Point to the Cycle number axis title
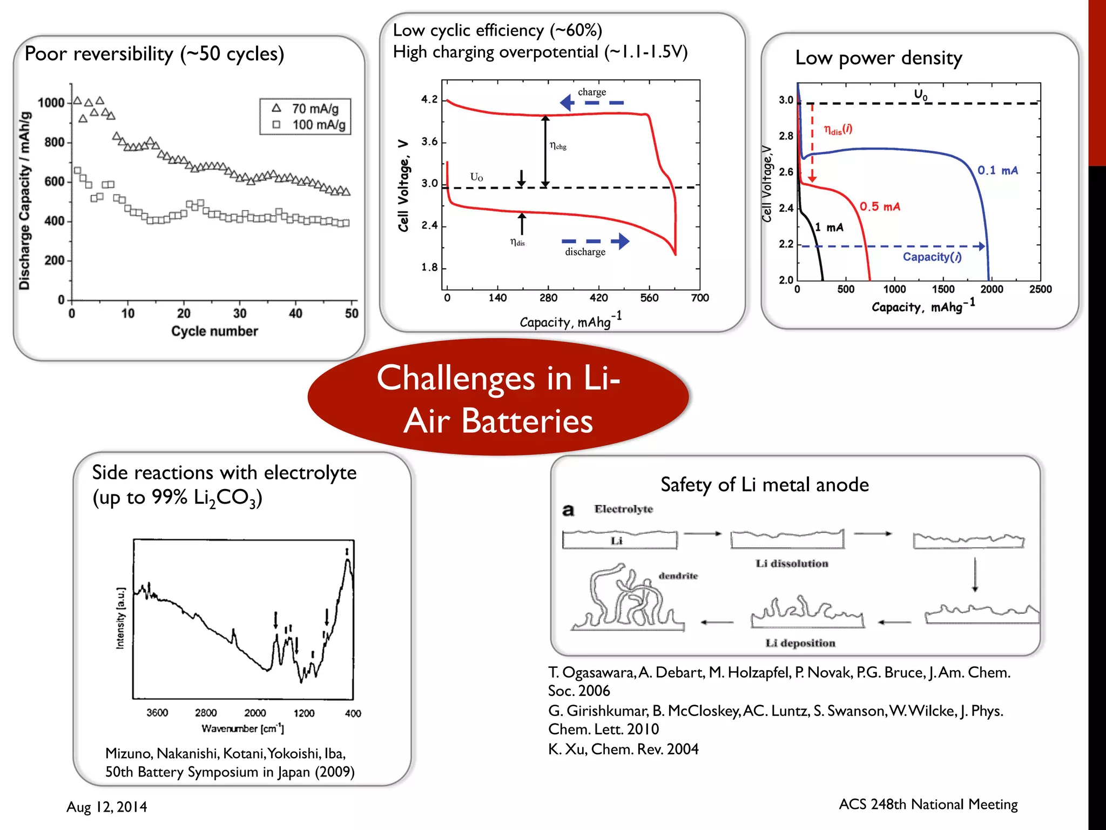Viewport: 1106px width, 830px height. (x=214, y=331)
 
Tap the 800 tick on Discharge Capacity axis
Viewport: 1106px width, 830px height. (x=54, y=143)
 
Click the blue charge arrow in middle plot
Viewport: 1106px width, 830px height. (x=591, y=103)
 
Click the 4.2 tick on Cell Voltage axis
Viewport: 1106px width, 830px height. (x=429, y=99)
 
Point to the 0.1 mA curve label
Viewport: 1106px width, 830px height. (x=997, y=171)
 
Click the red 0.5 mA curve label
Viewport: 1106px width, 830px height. (x=880, y=206)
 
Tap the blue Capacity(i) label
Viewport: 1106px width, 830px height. (x=932, y=257)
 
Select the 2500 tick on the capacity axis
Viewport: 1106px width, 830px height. (x=1040, y=290)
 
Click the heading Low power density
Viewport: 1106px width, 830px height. (x=878, y=58)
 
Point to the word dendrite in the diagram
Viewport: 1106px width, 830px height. (x=678, y=576)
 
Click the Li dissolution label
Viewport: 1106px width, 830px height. (x=792, y=564)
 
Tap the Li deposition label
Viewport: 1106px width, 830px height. (x=800, y=643)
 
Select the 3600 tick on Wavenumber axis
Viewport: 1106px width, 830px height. (x=157, y=713)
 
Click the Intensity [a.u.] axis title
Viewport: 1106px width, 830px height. (x=120, y=618)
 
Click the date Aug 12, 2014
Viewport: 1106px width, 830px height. (x=106, y=807)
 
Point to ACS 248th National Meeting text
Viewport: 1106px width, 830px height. (x=928, y=805)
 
